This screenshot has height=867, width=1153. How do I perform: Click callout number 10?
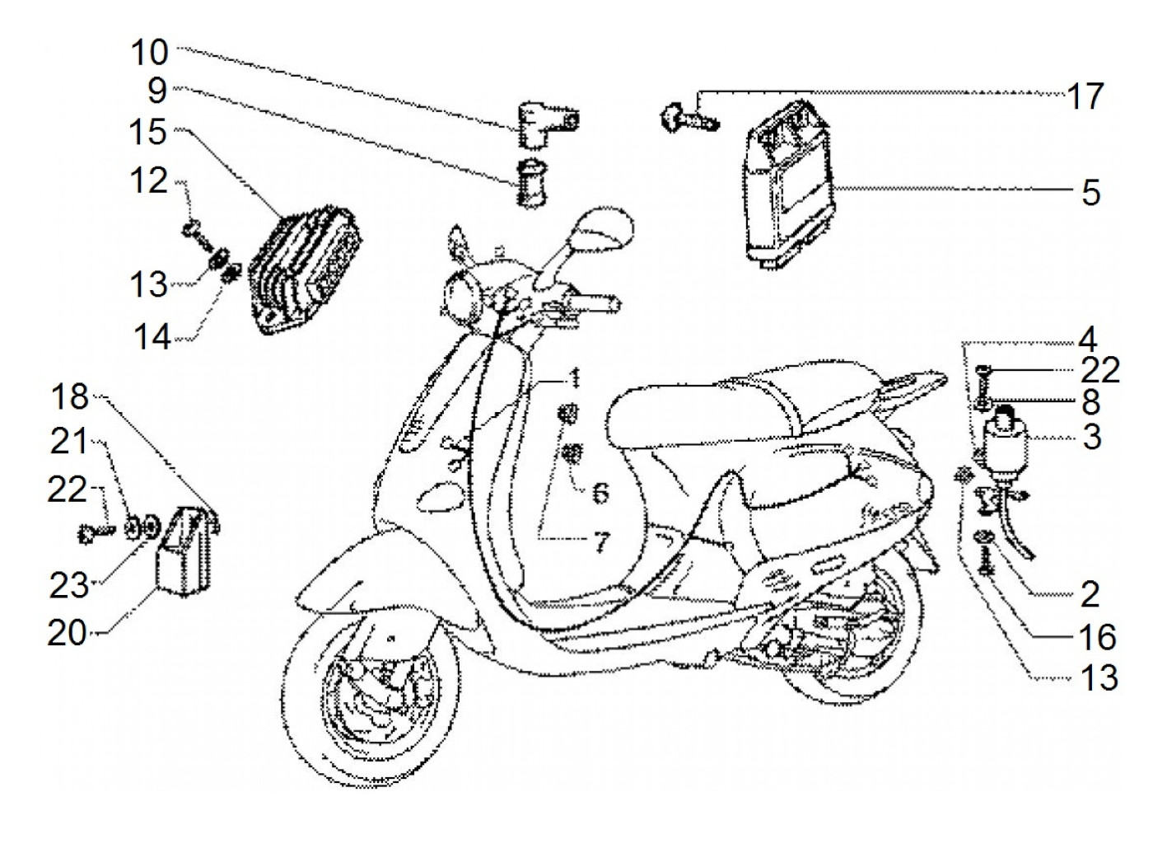[149, 52]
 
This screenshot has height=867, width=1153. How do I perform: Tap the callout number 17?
[1085, 97]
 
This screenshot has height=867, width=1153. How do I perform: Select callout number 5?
[1090, 193]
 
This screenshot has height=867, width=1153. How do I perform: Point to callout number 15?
[149, 132]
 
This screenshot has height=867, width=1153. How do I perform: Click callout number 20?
[68, 633]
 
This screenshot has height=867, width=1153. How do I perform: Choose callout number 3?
[1092, 437]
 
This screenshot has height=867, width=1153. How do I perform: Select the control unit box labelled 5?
[789, 183]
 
